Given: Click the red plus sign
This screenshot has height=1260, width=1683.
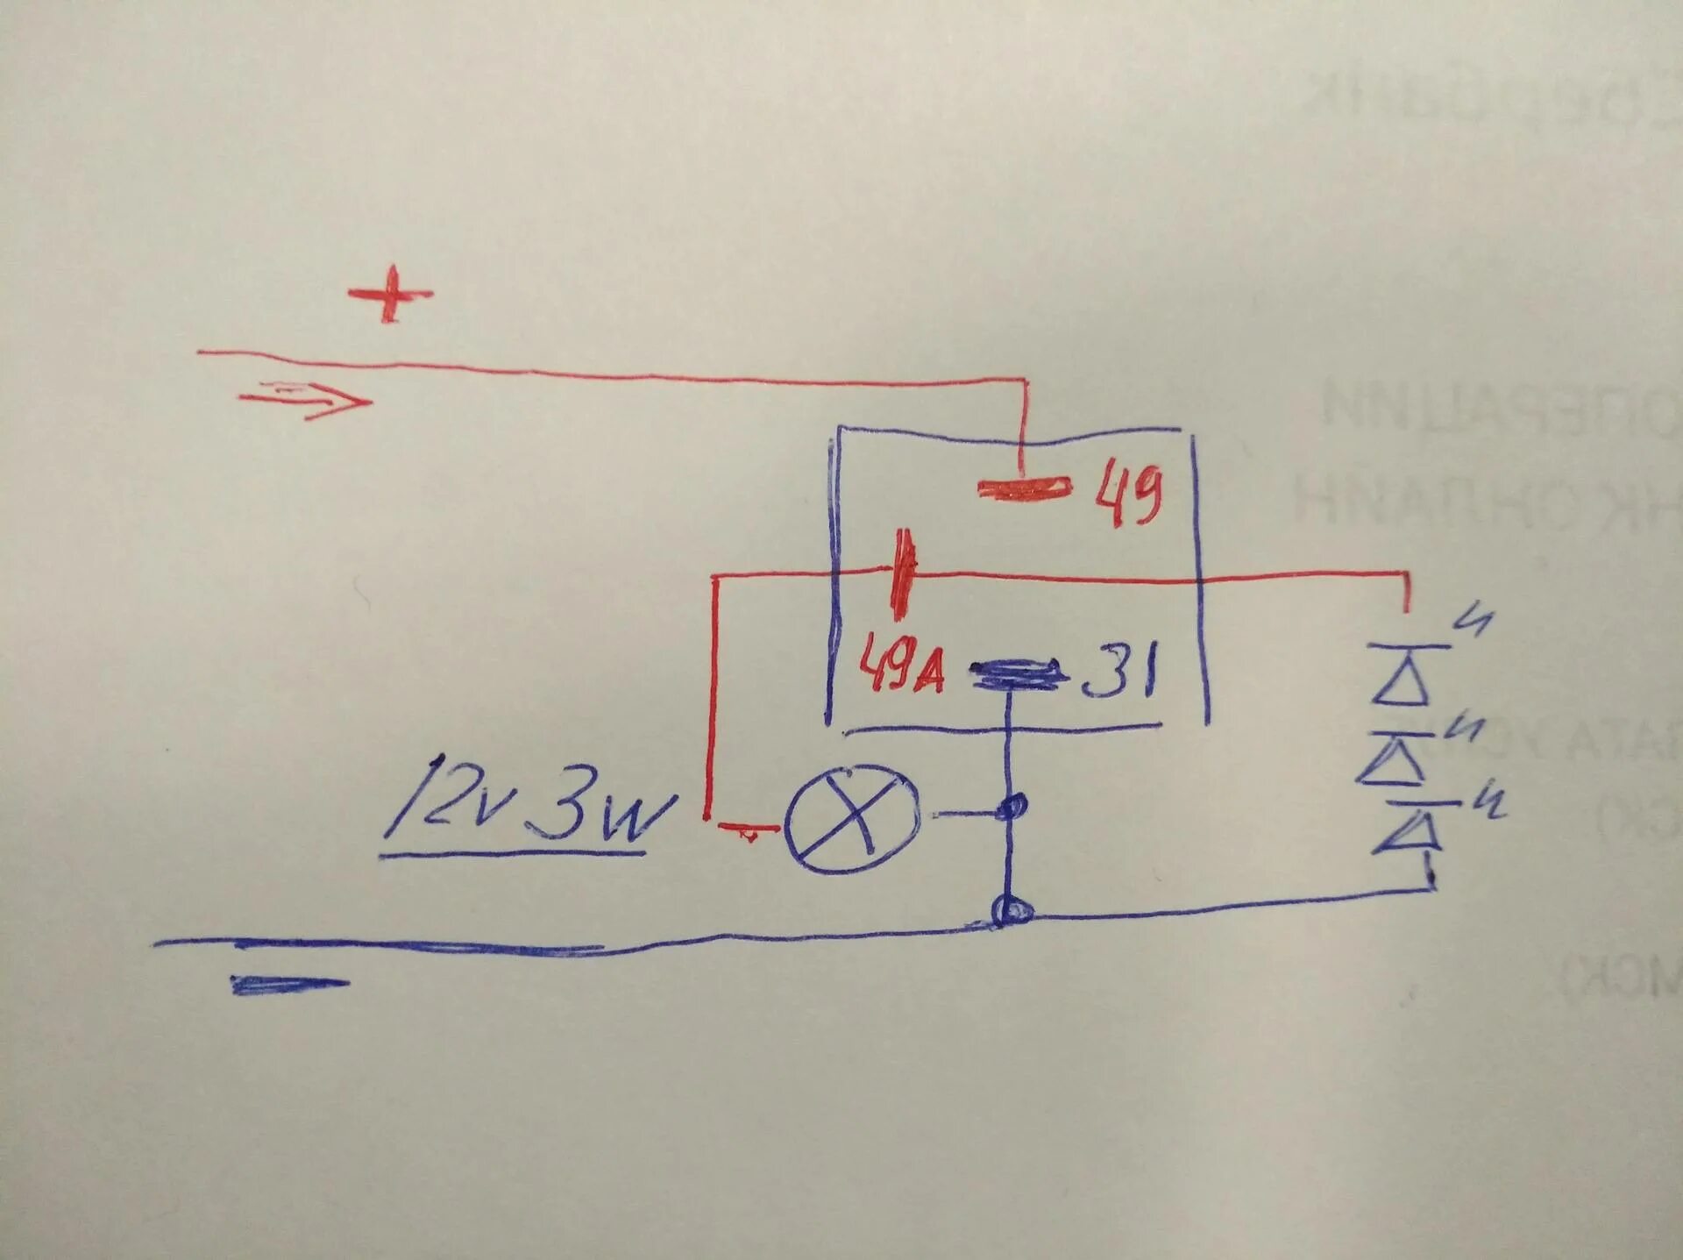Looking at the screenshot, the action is coord(390,294).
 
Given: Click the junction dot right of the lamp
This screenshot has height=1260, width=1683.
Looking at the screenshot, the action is coord(1012,808).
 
